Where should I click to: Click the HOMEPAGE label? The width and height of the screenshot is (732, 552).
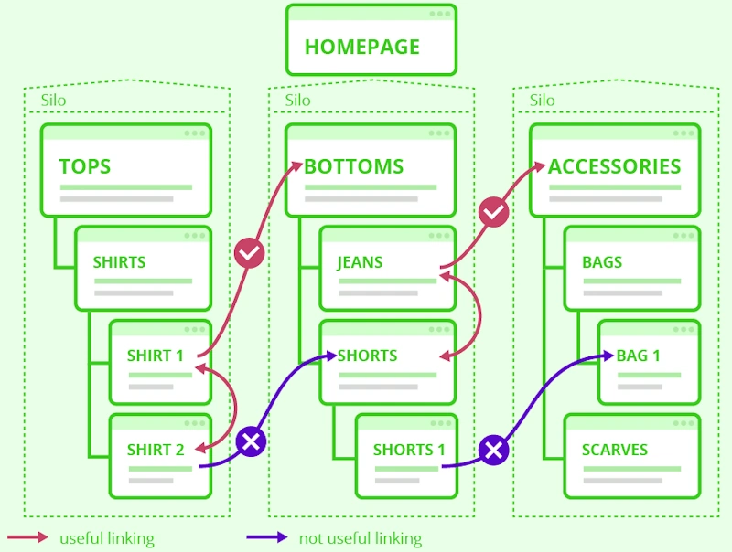pos(361,47)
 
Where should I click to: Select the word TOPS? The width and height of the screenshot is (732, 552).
pos(85,167)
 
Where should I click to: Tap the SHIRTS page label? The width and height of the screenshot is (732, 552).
pos(119,262)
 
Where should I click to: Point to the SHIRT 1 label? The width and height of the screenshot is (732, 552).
pos(156,356)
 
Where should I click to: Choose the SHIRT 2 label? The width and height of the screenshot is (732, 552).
pos(156,450)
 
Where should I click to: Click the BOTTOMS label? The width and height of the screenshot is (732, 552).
pos(354,167)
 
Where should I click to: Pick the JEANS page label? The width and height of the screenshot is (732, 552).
pos(360,262)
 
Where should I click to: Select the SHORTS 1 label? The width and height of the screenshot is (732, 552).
pos(409,450)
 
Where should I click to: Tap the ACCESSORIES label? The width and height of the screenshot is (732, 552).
pos(615,167)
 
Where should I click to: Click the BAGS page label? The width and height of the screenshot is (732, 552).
pos(602,262)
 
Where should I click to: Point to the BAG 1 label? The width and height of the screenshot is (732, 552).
pos(639,356)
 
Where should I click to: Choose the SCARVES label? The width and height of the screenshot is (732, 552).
pos(615,450)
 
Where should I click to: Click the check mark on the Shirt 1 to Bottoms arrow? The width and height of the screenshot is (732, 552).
pos(250,252)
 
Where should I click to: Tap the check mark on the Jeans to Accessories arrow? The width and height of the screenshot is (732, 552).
pos(493,213)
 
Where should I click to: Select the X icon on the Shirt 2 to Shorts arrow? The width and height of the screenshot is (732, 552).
pos(251,442)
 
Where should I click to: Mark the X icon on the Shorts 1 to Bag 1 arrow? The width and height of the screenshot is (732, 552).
pos(494,450)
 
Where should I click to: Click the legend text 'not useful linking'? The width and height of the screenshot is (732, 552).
pos(361,538)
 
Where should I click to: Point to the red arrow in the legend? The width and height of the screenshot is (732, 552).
pos(27,538)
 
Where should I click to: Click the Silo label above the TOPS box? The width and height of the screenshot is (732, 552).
pos(54,100)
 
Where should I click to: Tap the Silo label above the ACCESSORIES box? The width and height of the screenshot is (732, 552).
pos(543,100)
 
